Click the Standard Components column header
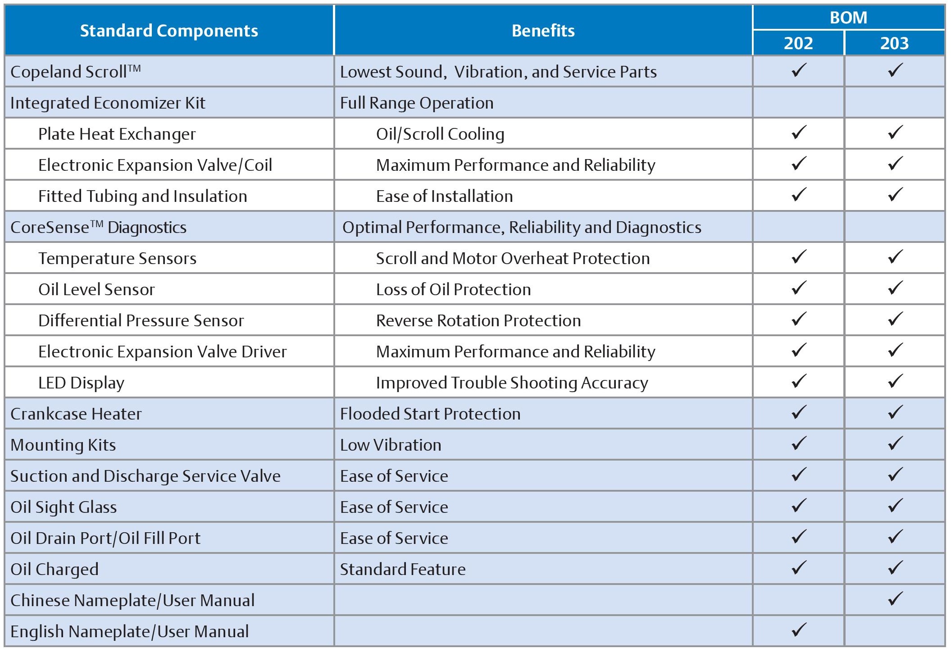pyautogui.click(x=169, y=31)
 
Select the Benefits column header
pyautogui.click(x=543, y=31)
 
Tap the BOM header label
pyautogui.click(x=848, y=18)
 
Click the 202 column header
pyautogui.click(x=798, y=43)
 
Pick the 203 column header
pyautogui.click(x=895, y=43)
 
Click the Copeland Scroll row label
pyautogui.click(x=75, y=72)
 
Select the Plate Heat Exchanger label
pyautogui.click(x=117, y=134)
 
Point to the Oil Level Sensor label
pyautogui.click(x=96, y=289)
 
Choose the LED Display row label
pyautogui.click(x=81, y=383)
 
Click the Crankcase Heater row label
pyautogui.click(x=76, y=414)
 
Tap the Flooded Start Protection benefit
pyautogui.click(x=430, y=414)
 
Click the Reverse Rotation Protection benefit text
pyautogui.click(x=478, y=320)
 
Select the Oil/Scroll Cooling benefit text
pyautogui.click(x=440, y=134)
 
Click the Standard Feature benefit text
pyautogui.click(x=403, y=569)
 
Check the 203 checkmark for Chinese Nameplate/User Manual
pyautogui.click(x=895, y=599)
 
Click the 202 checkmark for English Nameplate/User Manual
pyautogui.click(x=799, y=630)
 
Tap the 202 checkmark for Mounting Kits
pyautogui.click(x=799, y=443)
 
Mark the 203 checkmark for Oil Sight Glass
pyautogui.click(x=895, y=506)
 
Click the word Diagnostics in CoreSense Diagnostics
pyautogui.click(x=147, y=228)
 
